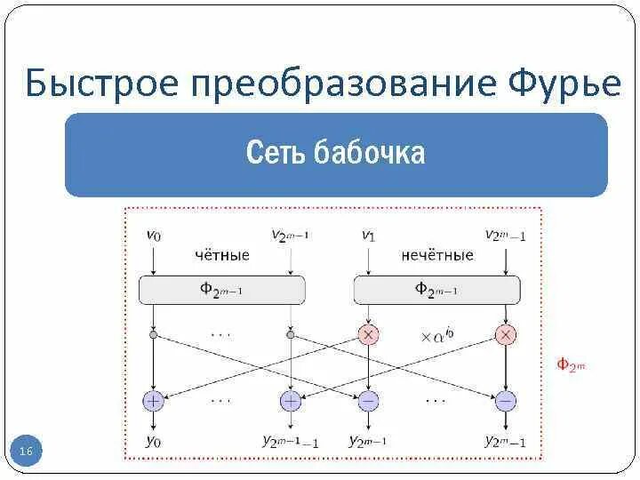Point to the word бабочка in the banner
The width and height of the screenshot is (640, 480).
point(369,153)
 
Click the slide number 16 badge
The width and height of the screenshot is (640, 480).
point(26,452)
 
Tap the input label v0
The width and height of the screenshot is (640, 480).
point(154,235)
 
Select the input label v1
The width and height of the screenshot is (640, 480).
point(367,235)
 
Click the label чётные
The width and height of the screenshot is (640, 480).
point(221,255)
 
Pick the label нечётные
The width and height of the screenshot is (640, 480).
point(436,255)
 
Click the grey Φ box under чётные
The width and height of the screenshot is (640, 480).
point(222,289)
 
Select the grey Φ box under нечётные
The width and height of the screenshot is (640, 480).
point(436,289)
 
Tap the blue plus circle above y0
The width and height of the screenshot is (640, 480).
point(154,401)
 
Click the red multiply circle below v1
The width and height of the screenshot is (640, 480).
point(368,335)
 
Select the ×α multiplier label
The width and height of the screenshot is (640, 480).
point(437,335)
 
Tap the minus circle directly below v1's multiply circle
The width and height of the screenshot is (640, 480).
point(368,401)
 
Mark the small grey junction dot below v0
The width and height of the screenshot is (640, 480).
point(154,335)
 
